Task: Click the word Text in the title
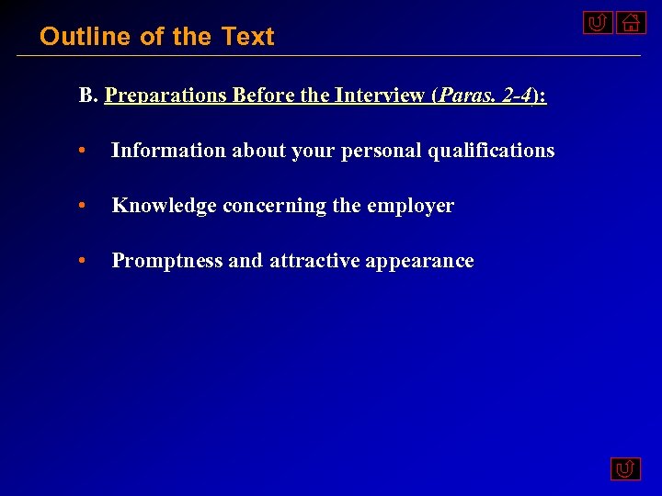247,37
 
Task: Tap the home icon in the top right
631,23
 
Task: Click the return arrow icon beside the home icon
598,23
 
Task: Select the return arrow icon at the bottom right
625,470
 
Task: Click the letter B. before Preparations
88,96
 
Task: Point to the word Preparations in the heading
166,96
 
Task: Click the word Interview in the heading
379,96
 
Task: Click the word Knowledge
164,206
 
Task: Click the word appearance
419,261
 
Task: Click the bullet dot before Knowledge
84,207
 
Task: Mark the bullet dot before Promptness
84,262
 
